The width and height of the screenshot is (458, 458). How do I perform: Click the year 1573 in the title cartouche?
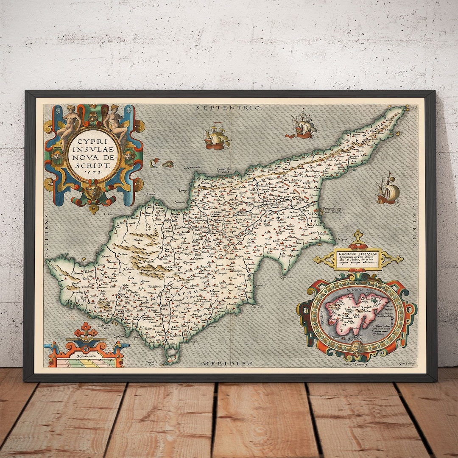pyautogui.click(x=93, y=173)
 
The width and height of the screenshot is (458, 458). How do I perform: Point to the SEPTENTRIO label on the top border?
pyautogui.click(x=229, y=108)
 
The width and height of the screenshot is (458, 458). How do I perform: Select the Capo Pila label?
pyautogui.click(x=287, y=277)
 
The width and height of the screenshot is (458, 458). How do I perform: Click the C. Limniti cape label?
pyautogui.click(x=150, y=194)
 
